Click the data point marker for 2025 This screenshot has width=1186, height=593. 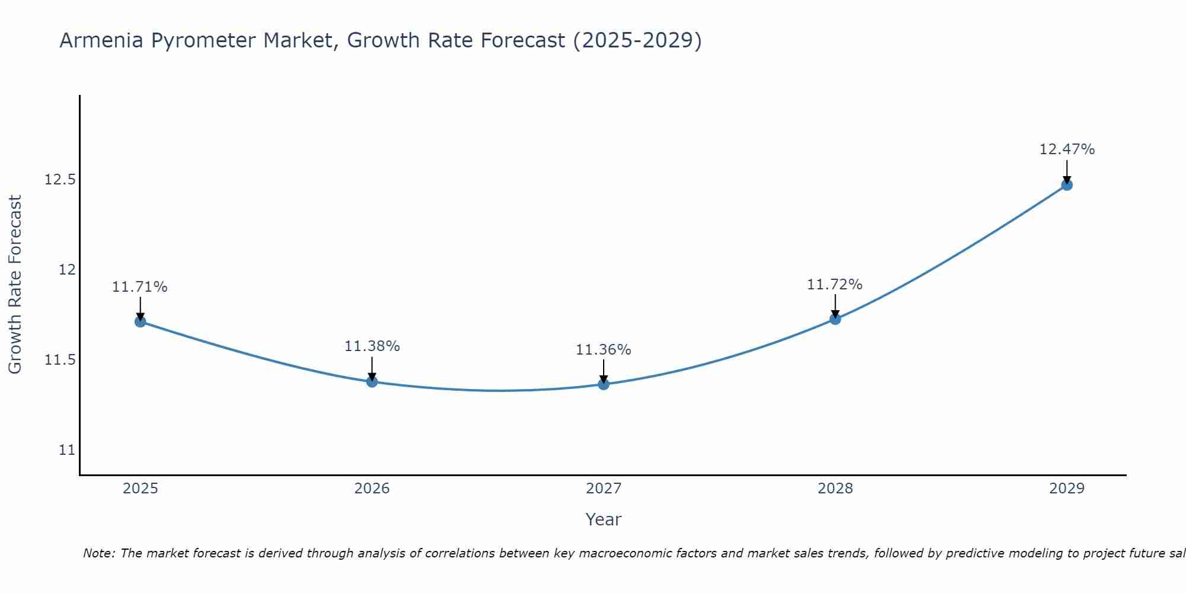point(141,322)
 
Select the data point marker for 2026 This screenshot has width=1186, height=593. point(372,381)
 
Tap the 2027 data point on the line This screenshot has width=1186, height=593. point(604,384)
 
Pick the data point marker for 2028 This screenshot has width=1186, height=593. point(835,319)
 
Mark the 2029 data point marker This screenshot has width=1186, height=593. point(1067,185)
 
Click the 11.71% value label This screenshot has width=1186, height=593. point(140,287)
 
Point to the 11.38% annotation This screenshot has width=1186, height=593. point(372,346)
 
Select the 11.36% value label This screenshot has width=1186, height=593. point(604,350)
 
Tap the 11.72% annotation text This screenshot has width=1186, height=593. point(835,285)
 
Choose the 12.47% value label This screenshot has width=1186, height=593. point(1067,149)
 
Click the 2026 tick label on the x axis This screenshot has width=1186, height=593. point(372,489)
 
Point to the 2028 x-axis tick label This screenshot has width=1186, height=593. point(835,489)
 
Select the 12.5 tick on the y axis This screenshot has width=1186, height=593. point(60,180)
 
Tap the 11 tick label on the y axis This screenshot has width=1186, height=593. point(67,450)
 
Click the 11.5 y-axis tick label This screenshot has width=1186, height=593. point(60,360)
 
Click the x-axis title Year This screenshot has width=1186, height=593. point(604,519)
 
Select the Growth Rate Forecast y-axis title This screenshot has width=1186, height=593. point(15,285)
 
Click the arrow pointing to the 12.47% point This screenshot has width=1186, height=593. point(1067,171)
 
